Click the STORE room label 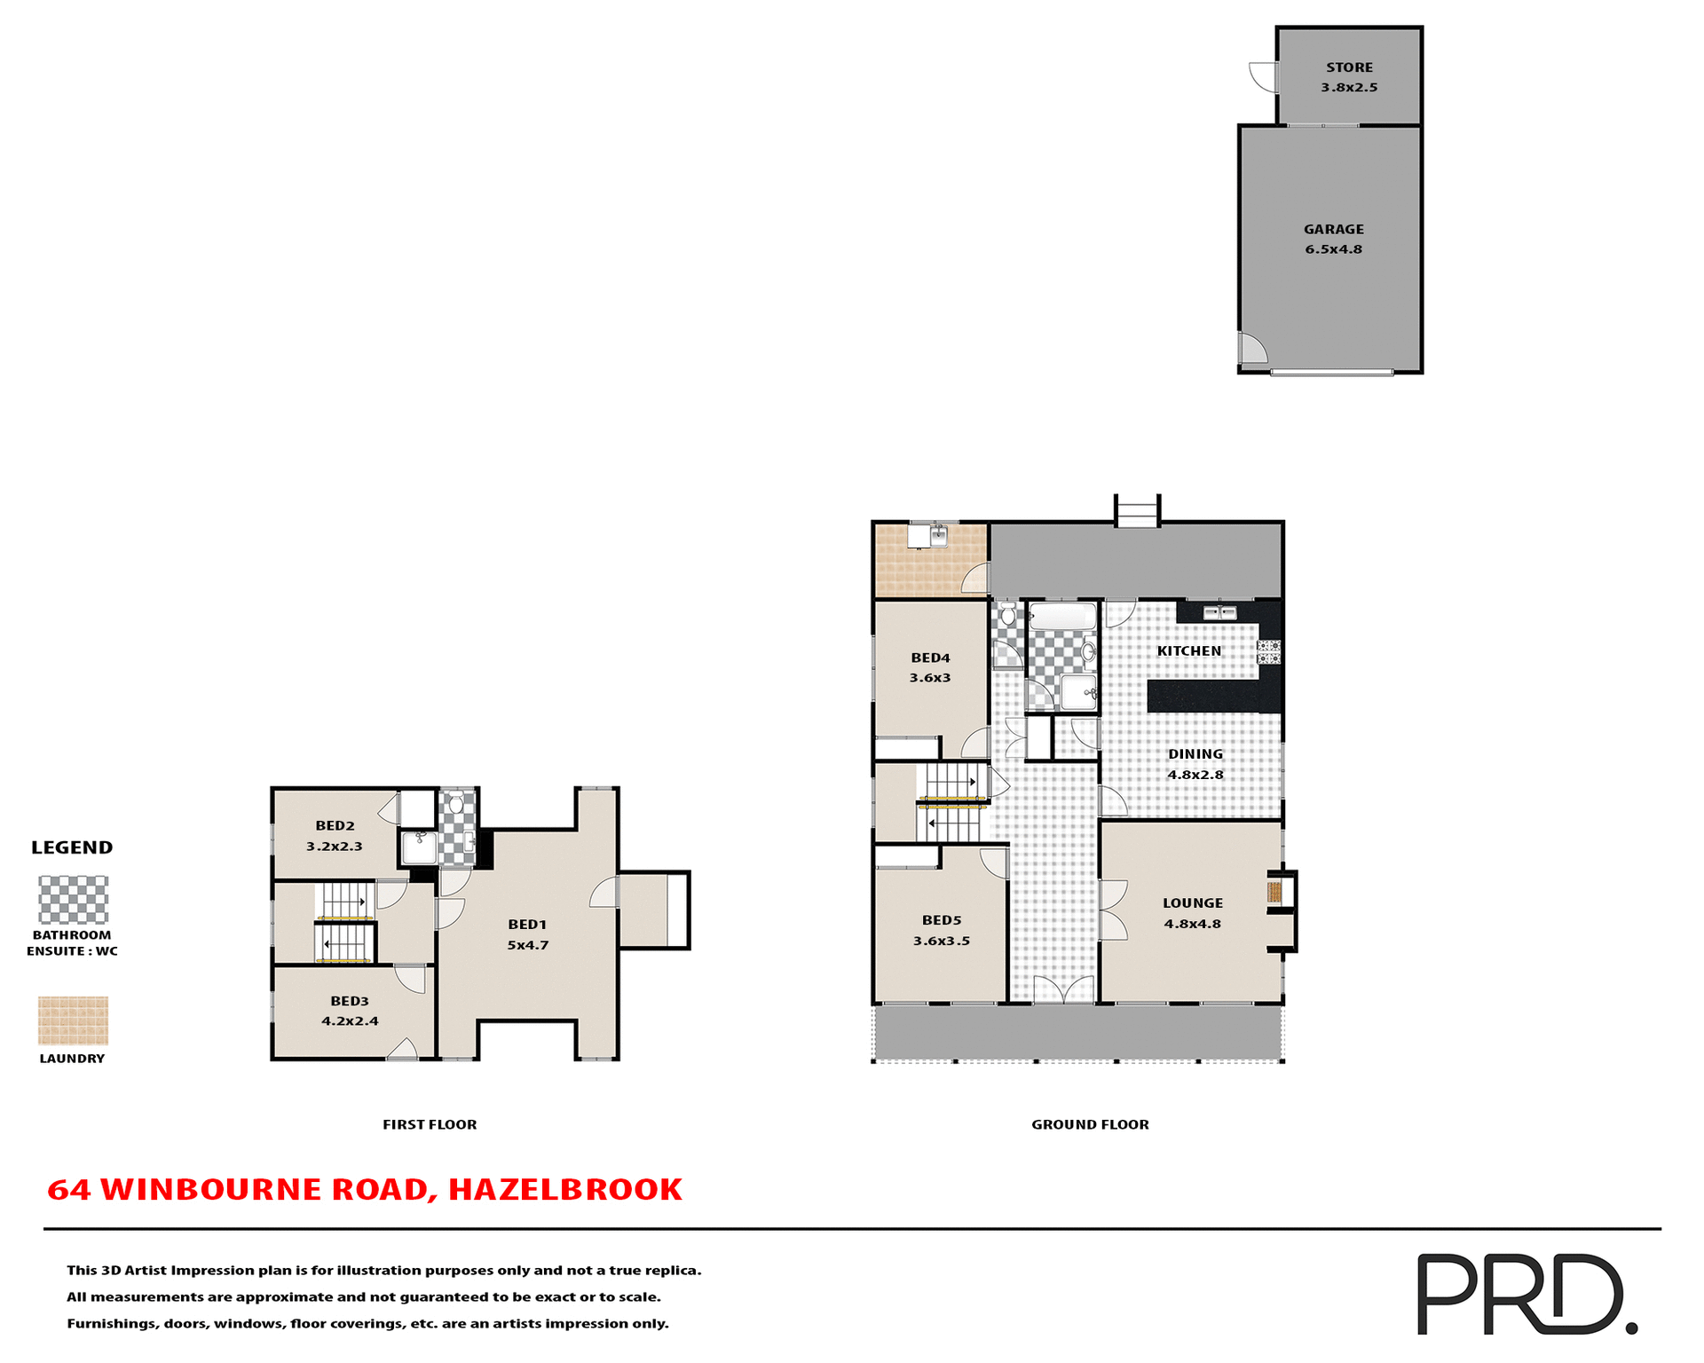[x=1349, y=67]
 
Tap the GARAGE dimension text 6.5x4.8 [x=1333, y=249]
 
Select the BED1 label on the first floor [x=527, y=925]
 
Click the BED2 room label [x=335, y=826]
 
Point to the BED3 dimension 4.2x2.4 [x=350, y=1021]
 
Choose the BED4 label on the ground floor [x=930, y=658]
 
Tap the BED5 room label [x=942, y=921]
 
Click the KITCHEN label [x=1189, y=651]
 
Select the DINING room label [x=1195, y=754]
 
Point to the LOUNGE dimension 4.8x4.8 [x=1193, y=924]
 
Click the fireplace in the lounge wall [x=1275, y=892]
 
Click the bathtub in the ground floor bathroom [x=1062, y=617]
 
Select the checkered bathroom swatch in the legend [x=73, y=900]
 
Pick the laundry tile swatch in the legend [x=73, y=1020]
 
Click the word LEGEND [x=72, y=847]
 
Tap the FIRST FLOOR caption [x=430, y=1124]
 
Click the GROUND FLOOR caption [x=1090, y=1124]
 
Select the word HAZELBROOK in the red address [x=565, y=1189]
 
